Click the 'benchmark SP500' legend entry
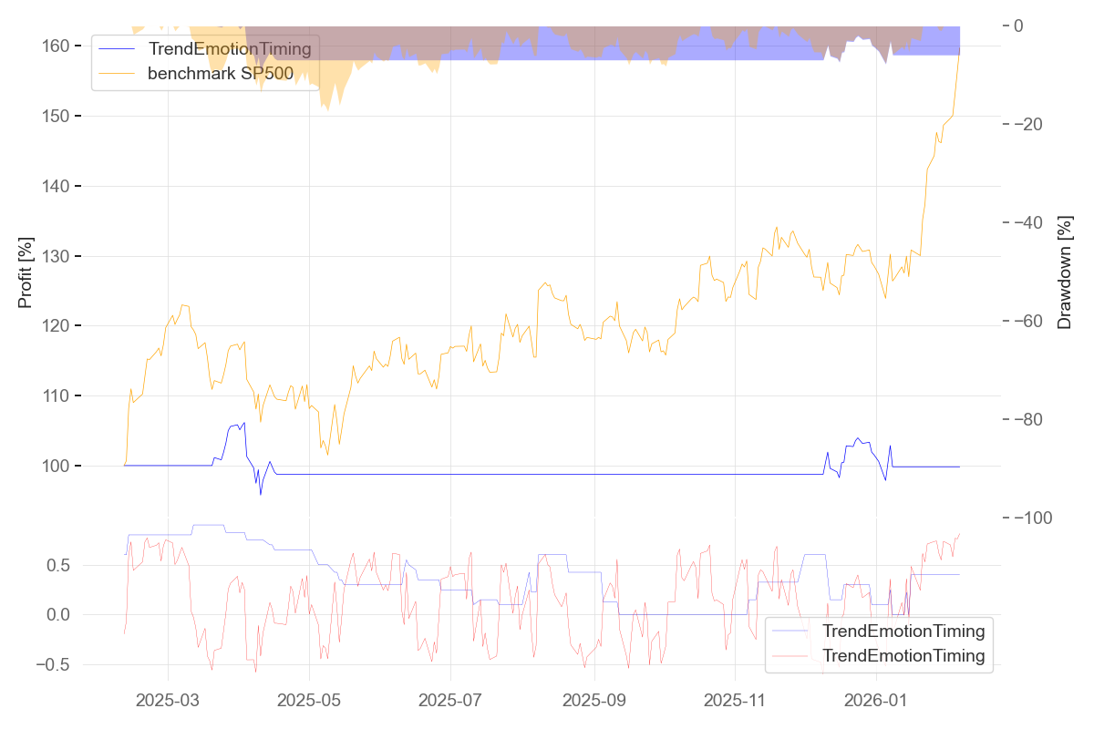[220, 74]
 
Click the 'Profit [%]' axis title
[26, 272]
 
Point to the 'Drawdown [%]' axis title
[1064, 272]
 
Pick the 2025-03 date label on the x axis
[169, 701]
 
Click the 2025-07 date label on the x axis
[451, 701]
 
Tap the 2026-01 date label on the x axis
[876, 701]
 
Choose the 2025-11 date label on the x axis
[735, 701]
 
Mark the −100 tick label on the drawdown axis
[1038, 518]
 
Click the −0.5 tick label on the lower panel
[52, 664]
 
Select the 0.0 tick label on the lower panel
[58, 615]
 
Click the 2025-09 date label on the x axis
[594, 701]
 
